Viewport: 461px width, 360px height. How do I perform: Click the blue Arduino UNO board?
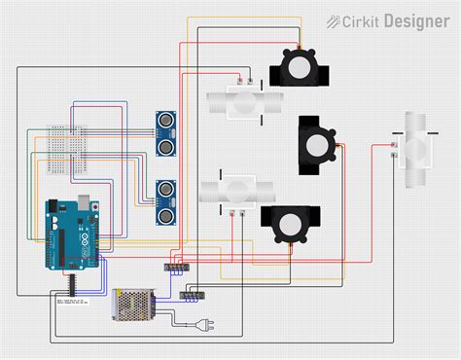[70, 234]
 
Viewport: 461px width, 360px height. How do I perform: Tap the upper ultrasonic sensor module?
[166, 132]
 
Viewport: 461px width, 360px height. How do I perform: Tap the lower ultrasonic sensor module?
[166, 200]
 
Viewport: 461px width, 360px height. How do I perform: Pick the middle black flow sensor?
[317, 146]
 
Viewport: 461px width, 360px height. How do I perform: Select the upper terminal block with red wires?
[176, 265]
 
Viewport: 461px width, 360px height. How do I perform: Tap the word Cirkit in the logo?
[361, 20]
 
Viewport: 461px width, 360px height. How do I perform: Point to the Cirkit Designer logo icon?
[333, 20]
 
